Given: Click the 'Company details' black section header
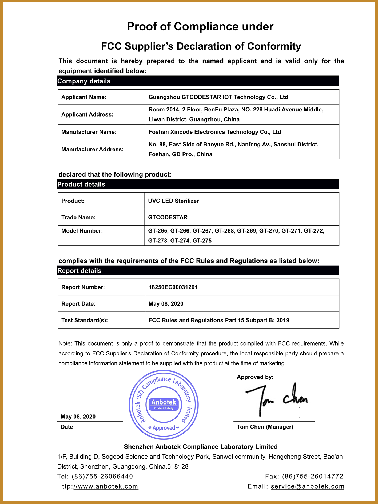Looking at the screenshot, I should pyautogui.click(x=84, y=81).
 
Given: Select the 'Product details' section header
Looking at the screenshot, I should pyautogui.click(x=81, y=185).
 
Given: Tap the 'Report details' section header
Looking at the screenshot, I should pyautogui.click(x=79, y=271).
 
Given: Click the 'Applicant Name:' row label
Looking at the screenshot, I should pyautogui.click(x=84, y=97).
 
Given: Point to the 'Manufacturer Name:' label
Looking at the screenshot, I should pyautogui.click(x=89, y=132).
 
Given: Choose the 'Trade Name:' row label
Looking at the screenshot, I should pyautogui.click(x=78, y=217).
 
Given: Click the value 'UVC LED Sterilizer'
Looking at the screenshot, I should pyautogui.click(x=173, y=201).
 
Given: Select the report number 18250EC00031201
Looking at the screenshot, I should pyautogui.click(x=173, y=287).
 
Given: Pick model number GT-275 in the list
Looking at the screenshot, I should pyautogui.click(x=202, y=241).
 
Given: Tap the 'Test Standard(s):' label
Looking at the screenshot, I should pyautogui.click(x=85, y=320).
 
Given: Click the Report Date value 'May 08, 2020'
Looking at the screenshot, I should pyautogui.click(x=166, y=304).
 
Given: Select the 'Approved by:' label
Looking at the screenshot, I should pyautogui.click(x=255, y=377).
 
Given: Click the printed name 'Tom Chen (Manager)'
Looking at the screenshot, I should pyautogui.click(x=265, y=427).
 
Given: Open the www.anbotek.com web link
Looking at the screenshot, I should pyautogui.click(x=106, y=486).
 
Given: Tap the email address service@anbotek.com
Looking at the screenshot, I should pyautogui.click(x=308, y=486).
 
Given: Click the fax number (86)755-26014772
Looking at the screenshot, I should pyautogui.click(x=313, y=477).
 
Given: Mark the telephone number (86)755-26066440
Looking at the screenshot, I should pyautogui.click(x=102, y=477).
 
